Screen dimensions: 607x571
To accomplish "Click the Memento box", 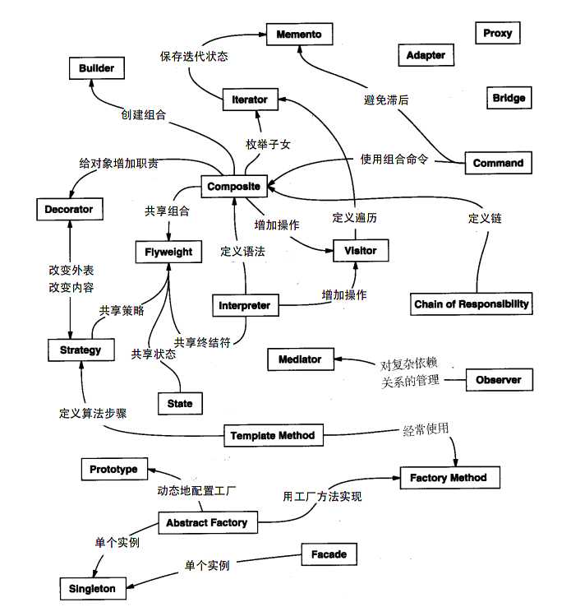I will (299, 34).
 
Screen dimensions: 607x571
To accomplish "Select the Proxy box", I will (498, 33).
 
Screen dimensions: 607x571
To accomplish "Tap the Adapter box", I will (426, 55).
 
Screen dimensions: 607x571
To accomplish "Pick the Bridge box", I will (509, 98).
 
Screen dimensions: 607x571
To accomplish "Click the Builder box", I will (97, 68).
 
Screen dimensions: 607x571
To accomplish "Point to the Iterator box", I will (250, 100).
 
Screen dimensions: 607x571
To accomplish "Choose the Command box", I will (498, 163).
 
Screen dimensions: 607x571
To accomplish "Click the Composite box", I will (234, 187).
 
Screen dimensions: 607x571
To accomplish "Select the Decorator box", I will (69, 210).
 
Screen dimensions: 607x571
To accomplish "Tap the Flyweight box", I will (168, 252).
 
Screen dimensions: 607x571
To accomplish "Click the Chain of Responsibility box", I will (472, 304).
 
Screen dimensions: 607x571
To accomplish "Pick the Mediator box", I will (300, 359).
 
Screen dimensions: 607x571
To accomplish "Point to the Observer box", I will (499, 380).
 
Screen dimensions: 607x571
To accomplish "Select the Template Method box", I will (272, 435).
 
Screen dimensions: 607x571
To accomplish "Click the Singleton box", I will (91, 589).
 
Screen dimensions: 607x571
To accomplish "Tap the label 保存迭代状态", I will (194, 57).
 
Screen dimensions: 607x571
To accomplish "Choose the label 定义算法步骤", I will (93, 414).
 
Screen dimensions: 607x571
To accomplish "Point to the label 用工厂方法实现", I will (322, 497).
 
